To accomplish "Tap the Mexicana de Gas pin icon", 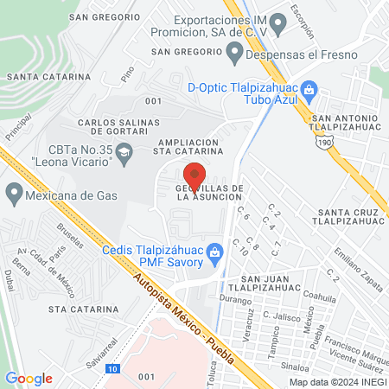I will click(x=13, y=192).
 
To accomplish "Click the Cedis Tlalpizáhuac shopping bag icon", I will click(x=217, y=251).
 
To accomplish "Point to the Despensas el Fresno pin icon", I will click(x=233, y=52).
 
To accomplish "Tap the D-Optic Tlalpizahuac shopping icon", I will click(x=315, y=87).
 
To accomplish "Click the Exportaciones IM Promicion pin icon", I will click(x=277, y=22).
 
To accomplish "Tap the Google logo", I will click(x=29, y=378).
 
